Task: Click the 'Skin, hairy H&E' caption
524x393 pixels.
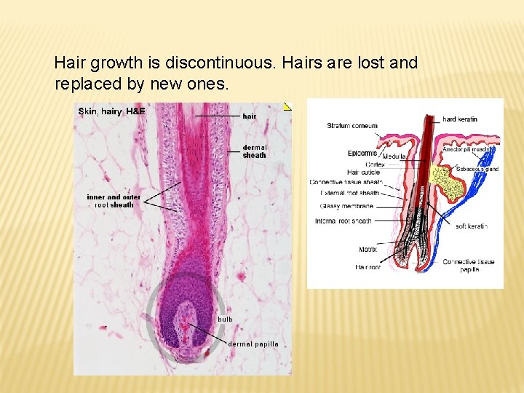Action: point(111,111)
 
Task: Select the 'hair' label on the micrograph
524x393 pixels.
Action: point(249,116)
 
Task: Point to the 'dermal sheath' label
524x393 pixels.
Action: point(254,151)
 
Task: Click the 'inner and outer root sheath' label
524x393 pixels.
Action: point(114,201)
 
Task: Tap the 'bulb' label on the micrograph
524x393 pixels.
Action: point(225,319)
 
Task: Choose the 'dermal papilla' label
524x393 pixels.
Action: point(253,344)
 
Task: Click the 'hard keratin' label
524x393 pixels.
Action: point(460,119)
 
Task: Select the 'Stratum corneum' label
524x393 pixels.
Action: point(352,126)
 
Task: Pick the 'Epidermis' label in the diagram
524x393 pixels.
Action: point(362,154)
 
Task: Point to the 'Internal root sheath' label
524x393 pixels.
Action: point(344,221)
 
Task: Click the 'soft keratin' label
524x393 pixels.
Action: point(472,226)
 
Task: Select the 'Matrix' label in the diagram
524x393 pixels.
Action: point(368,250)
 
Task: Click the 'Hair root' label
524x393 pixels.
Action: point(368,268)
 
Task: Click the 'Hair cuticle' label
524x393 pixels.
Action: point(361,173)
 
